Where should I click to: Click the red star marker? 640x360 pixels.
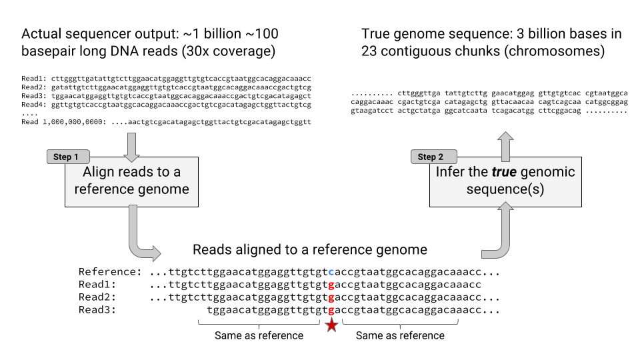tap(331, 325)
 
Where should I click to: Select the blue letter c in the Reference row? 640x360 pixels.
tap(331, 272)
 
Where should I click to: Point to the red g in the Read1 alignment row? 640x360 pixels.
tap(331, 285)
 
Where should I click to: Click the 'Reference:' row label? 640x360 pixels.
tap(110, 272)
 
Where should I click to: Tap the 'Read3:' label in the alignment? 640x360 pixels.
tap(97, 310)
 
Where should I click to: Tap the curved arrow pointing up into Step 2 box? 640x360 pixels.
tap(497, 233)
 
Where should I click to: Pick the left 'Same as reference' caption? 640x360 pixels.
tap(259, 335)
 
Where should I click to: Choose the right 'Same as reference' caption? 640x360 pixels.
tap(400, 335)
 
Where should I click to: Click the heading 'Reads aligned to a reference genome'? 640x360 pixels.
tap(309, 250)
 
